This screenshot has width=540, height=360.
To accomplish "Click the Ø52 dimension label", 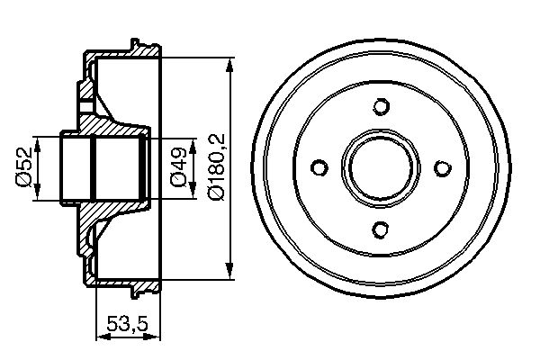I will pos(24,168).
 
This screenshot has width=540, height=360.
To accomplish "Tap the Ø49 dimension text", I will pos(178,168).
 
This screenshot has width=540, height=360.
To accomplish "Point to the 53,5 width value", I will pos(128,323).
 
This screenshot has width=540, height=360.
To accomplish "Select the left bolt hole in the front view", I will pos(319,167).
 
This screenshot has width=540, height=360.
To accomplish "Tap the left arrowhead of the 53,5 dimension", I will pos(99,337).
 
